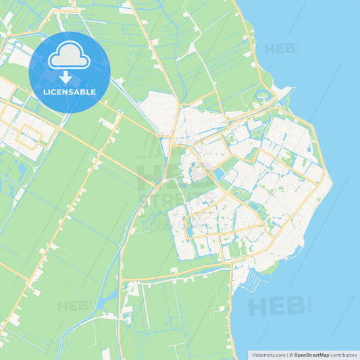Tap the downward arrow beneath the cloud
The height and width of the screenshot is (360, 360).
tap(69, 76)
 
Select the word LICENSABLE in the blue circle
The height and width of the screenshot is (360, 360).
tap(69, 91)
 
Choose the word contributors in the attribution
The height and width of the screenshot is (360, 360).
tap(344, 355)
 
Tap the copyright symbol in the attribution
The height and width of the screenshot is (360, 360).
tap(291, 355)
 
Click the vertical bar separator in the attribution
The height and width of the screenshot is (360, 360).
tap(286, 355)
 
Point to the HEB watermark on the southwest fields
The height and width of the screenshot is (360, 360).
tap(73, 306)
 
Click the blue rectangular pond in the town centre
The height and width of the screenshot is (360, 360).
tap(219, 174)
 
